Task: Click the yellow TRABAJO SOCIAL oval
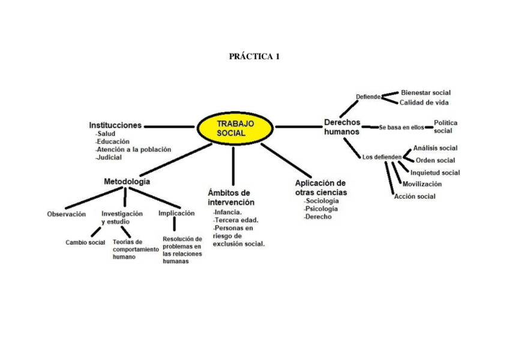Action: [235, 127]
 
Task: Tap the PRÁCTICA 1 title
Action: [254, 57]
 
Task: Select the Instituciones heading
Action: [115, 125]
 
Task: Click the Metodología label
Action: [127, 181]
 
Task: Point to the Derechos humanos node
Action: [342, 127]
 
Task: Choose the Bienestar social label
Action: [426, 93]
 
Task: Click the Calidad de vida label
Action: [424, 103]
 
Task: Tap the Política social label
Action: [445, 127]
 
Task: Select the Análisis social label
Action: [435, 148]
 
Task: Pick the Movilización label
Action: [422, 184]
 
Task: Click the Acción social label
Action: [415, 196]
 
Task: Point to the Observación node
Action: [67, 214]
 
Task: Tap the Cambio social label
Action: [85, 242]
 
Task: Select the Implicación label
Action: [176, 213]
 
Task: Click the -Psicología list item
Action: [321, 209]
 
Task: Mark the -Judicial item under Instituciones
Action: [109, 157]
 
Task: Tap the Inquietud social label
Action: [435, 173]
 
